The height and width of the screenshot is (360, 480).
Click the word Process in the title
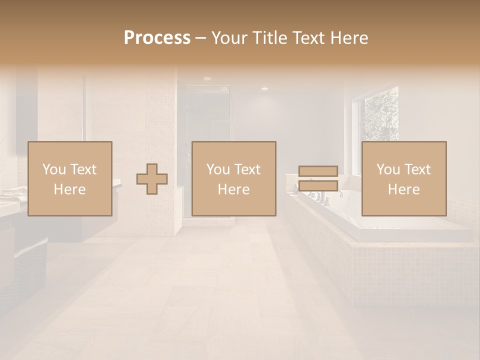point(157,38)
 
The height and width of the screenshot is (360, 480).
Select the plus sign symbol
point(152,179)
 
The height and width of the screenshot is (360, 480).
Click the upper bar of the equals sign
point(318,171)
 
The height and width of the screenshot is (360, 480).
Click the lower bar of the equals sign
point(318,185)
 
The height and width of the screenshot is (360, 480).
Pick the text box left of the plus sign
point(69,178)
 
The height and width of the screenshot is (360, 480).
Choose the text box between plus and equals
point(233,178)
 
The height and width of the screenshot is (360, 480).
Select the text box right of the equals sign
point(403,178)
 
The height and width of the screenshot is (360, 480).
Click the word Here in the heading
point(349,38)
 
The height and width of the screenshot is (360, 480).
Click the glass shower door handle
point(189,157)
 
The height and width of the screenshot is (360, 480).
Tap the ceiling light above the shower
point(207,79)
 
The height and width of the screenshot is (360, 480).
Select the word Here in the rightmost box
point(403,189)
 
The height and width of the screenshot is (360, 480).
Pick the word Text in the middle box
point(247,169)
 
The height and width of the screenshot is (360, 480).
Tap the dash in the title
point(200,38)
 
